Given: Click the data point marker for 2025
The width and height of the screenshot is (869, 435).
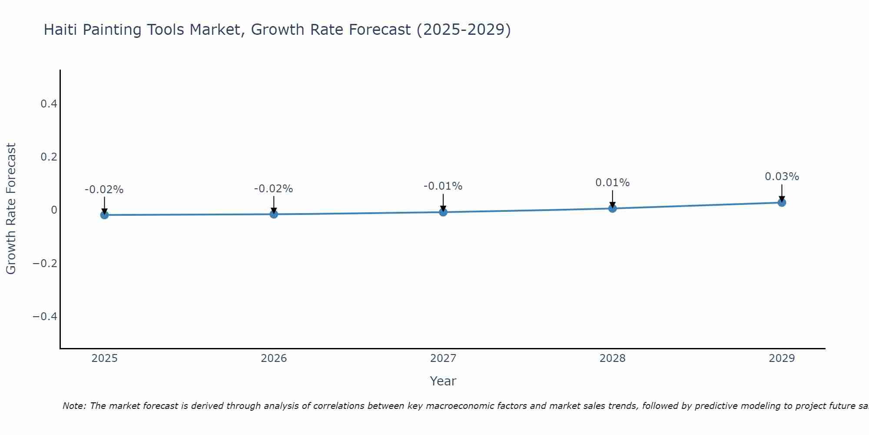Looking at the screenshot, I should pyautogui.click(x=104, y=215).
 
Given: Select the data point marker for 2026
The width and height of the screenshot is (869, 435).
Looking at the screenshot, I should pyautogui.click(x=274, y=214).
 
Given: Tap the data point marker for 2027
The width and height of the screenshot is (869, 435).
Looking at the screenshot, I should pyautogui.click(x=443, y=212).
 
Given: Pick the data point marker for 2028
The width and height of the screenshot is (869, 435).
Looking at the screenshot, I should pyautogui.click(x=612, y=208).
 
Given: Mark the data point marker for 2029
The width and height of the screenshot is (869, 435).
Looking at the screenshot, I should pyautogui.click(x=782, y=202).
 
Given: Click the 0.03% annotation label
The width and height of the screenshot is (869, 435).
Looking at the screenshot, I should pyautogui.click(x=782, y=177).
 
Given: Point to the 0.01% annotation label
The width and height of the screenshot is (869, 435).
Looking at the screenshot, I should pyautogui.click(x=612, y=183).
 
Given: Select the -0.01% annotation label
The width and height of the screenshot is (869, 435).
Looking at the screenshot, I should pyautogui.click(x=443, y=186).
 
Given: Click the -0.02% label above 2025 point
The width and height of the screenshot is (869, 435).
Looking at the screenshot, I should pyautogui.click(x=104, y=190).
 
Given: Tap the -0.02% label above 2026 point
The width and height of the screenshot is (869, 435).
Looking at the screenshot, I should pyautogui.click(x=273, y=189).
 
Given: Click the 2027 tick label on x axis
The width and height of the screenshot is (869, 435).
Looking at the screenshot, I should pyautogui.click(x=443, y=358).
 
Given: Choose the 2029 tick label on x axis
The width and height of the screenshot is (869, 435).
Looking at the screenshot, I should pyautogui.click(x=782, y=358).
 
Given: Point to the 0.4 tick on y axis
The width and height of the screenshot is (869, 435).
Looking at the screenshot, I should pyautogui.click(x=49, y=104).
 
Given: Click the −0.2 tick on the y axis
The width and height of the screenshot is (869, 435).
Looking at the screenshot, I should pyautogui.click(x=45, y=263).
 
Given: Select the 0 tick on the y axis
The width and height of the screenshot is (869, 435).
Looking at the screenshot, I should pyautogui.click(x=54, y=210).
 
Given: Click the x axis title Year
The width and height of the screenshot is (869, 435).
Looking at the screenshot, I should pyautogui.click(x=443, y=381).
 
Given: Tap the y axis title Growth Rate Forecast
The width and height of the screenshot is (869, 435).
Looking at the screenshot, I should pyautogui.click(x=11, y=208).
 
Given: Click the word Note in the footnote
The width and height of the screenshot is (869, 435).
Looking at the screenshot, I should pyautogui.click(x=73, y=406).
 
